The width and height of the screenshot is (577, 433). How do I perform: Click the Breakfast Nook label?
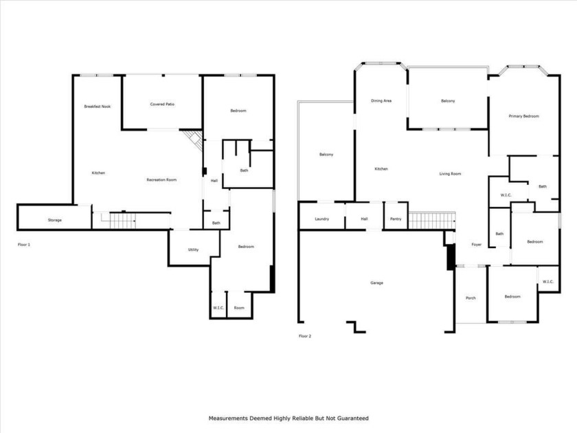[98, 107]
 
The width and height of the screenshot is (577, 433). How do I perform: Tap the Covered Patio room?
[162, 104]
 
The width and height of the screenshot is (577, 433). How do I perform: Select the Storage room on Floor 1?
[55, 220]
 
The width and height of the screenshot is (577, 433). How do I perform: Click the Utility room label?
[193, 249]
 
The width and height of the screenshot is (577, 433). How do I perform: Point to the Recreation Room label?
[161, 179]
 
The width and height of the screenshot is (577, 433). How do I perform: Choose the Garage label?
[376, 282]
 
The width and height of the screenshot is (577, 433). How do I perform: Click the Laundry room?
[321, 219]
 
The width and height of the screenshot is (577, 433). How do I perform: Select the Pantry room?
[395, 219]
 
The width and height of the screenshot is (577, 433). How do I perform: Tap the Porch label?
[471, 298]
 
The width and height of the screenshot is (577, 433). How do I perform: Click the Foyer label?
[476, 245]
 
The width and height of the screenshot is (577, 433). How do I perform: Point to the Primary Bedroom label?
[523, 116]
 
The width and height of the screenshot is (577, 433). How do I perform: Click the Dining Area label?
[381, 101]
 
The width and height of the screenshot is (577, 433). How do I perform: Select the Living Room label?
[450, 174]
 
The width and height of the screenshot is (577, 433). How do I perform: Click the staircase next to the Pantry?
[432, 221]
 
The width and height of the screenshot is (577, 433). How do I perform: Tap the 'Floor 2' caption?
[305, 336]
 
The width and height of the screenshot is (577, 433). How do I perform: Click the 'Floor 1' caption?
[24, 244]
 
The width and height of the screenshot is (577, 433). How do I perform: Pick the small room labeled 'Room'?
[239, 308]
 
